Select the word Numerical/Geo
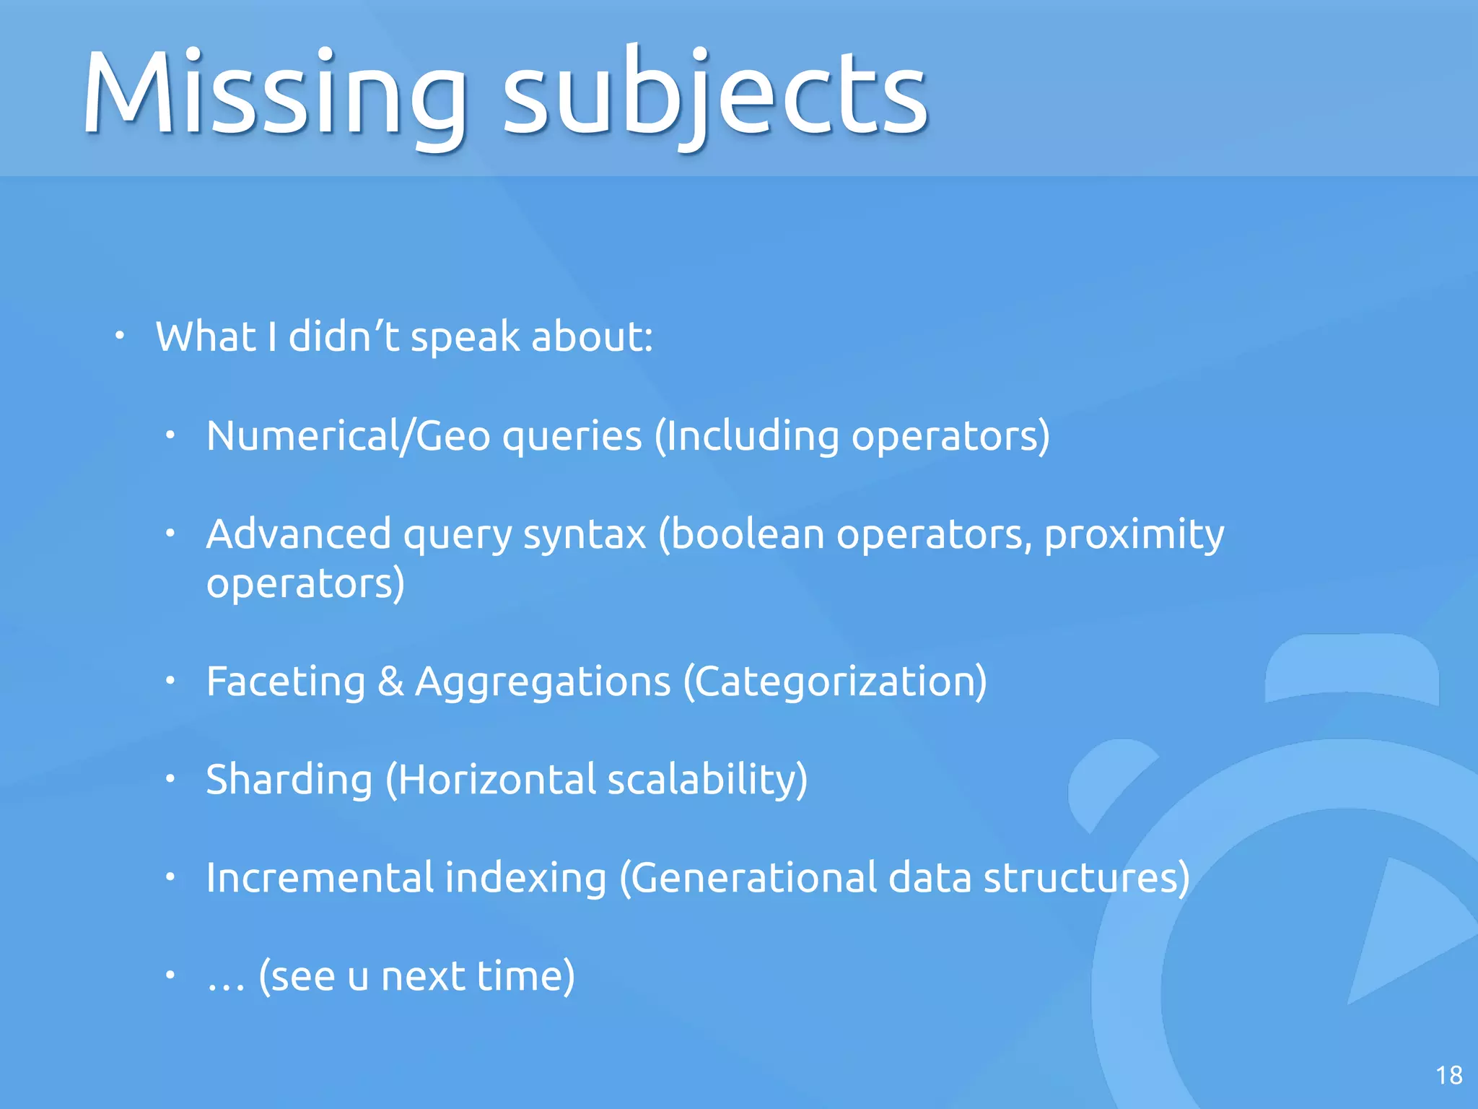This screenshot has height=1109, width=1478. tap(348, 436)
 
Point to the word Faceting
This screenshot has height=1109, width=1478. tap(286, 682)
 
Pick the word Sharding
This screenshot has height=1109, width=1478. tap(289, 780)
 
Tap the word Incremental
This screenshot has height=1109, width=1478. tap(319, 878)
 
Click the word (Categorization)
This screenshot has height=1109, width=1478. tap(834, 682)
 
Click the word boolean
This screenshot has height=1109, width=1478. tap(743, 534)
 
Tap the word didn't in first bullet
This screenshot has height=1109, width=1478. tap(344, 336)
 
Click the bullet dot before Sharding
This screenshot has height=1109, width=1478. tap(170, 779)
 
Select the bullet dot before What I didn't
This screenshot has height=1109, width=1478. tap(120, 336)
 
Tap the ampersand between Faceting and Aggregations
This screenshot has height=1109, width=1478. tap(390, 682)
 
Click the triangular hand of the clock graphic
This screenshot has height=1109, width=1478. tap(1400, 931)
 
